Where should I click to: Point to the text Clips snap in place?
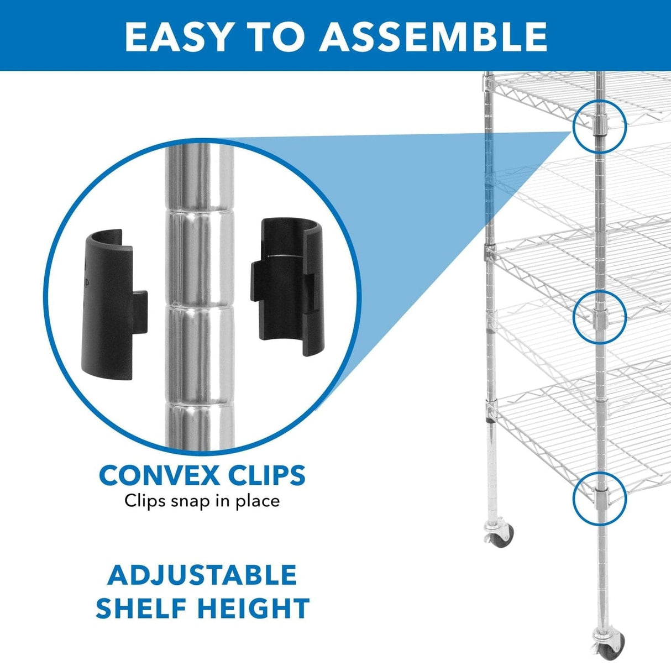pyautogui.click(x=202, y=501)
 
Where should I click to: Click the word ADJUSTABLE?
pyautogui.click(x=202, y=575)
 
